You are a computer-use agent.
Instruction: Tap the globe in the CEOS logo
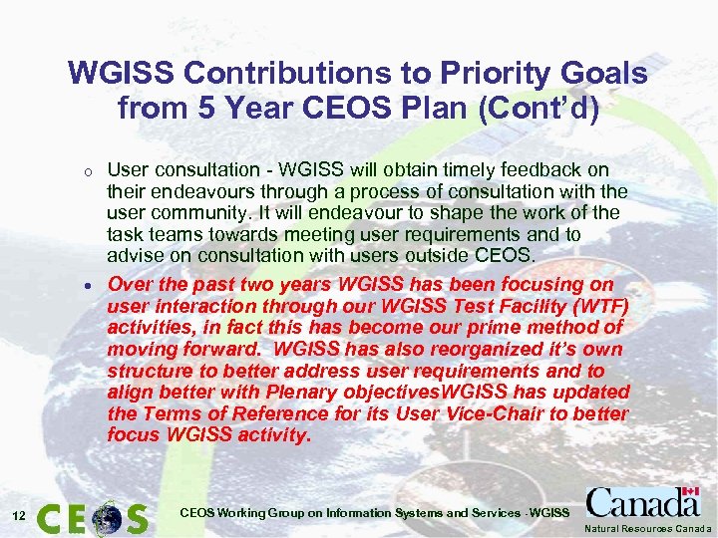pyautogui.click(x=106, y=517)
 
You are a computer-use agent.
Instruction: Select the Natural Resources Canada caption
pyautogui.click(x=648, y=528)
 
